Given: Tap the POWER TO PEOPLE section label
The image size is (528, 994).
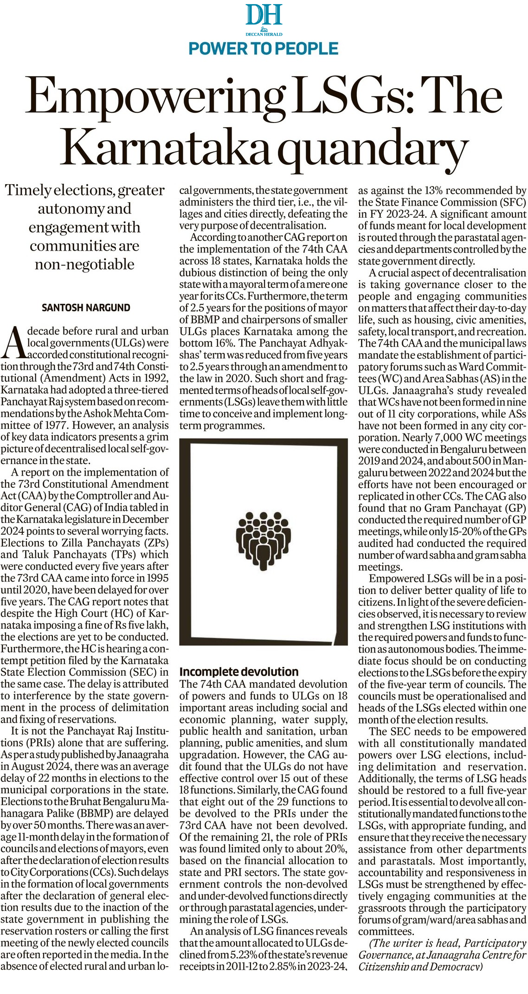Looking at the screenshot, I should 264,48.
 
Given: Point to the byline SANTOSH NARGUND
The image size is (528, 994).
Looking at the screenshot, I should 86,308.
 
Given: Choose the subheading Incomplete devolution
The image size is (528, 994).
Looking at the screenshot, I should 239,671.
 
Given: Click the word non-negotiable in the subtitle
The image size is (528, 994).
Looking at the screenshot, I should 84,264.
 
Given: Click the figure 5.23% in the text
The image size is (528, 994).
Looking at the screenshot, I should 244,955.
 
